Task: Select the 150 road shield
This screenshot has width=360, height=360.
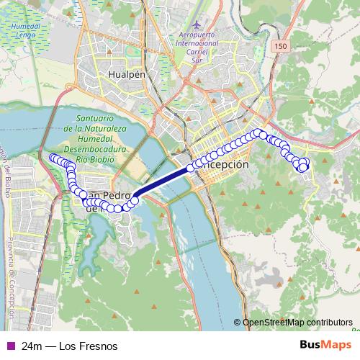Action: [280, 45]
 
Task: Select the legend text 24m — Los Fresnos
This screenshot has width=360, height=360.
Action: [70, 346]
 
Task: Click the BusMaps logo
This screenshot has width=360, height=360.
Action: [326, 346]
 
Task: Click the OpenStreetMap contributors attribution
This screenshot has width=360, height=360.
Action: [297, 323]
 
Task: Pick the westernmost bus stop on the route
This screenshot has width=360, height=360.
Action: [52, 158]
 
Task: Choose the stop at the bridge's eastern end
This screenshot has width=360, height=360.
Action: [190, 168]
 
